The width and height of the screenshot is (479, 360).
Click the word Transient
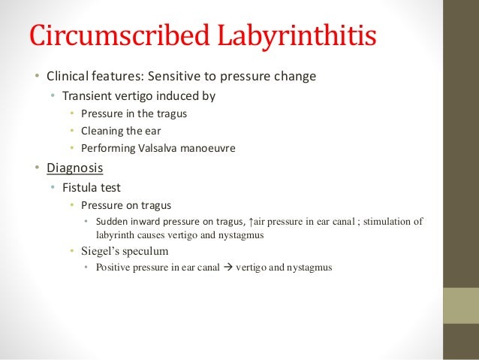click(x=86, y=96)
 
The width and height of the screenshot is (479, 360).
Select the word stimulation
click(x=385, y=221)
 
